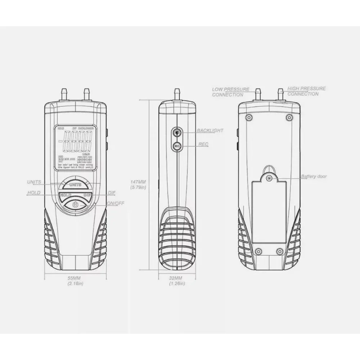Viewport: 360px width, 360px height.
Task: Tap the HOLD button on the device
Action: coord(65,195)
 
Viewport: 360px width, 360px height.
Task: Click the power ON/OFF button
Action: coord(75,204)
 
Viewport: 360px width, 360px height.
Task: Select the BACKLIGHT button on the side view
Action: coord(176,133)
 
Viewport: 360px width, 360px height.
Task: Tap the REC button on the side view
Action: coord(176,146)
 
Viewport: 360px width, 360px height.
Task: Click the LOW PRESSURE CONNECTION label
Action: coord(230,92)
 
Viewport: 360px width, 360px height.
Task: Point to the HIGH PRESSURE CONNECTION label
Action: coord(306,91)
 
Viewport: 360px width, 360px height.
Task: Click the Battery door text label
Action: coord(314,176)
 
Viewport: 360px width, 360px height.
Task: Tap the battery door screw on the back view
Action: coord(269,178)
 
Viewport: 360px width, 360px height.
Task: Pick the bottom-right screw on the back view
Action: coord(280,251)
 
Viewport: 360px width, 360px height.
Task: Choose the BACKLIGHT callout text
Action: coord(210,130)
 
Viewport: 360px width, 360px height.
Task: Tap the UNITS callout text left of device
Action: coord(34,182)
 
